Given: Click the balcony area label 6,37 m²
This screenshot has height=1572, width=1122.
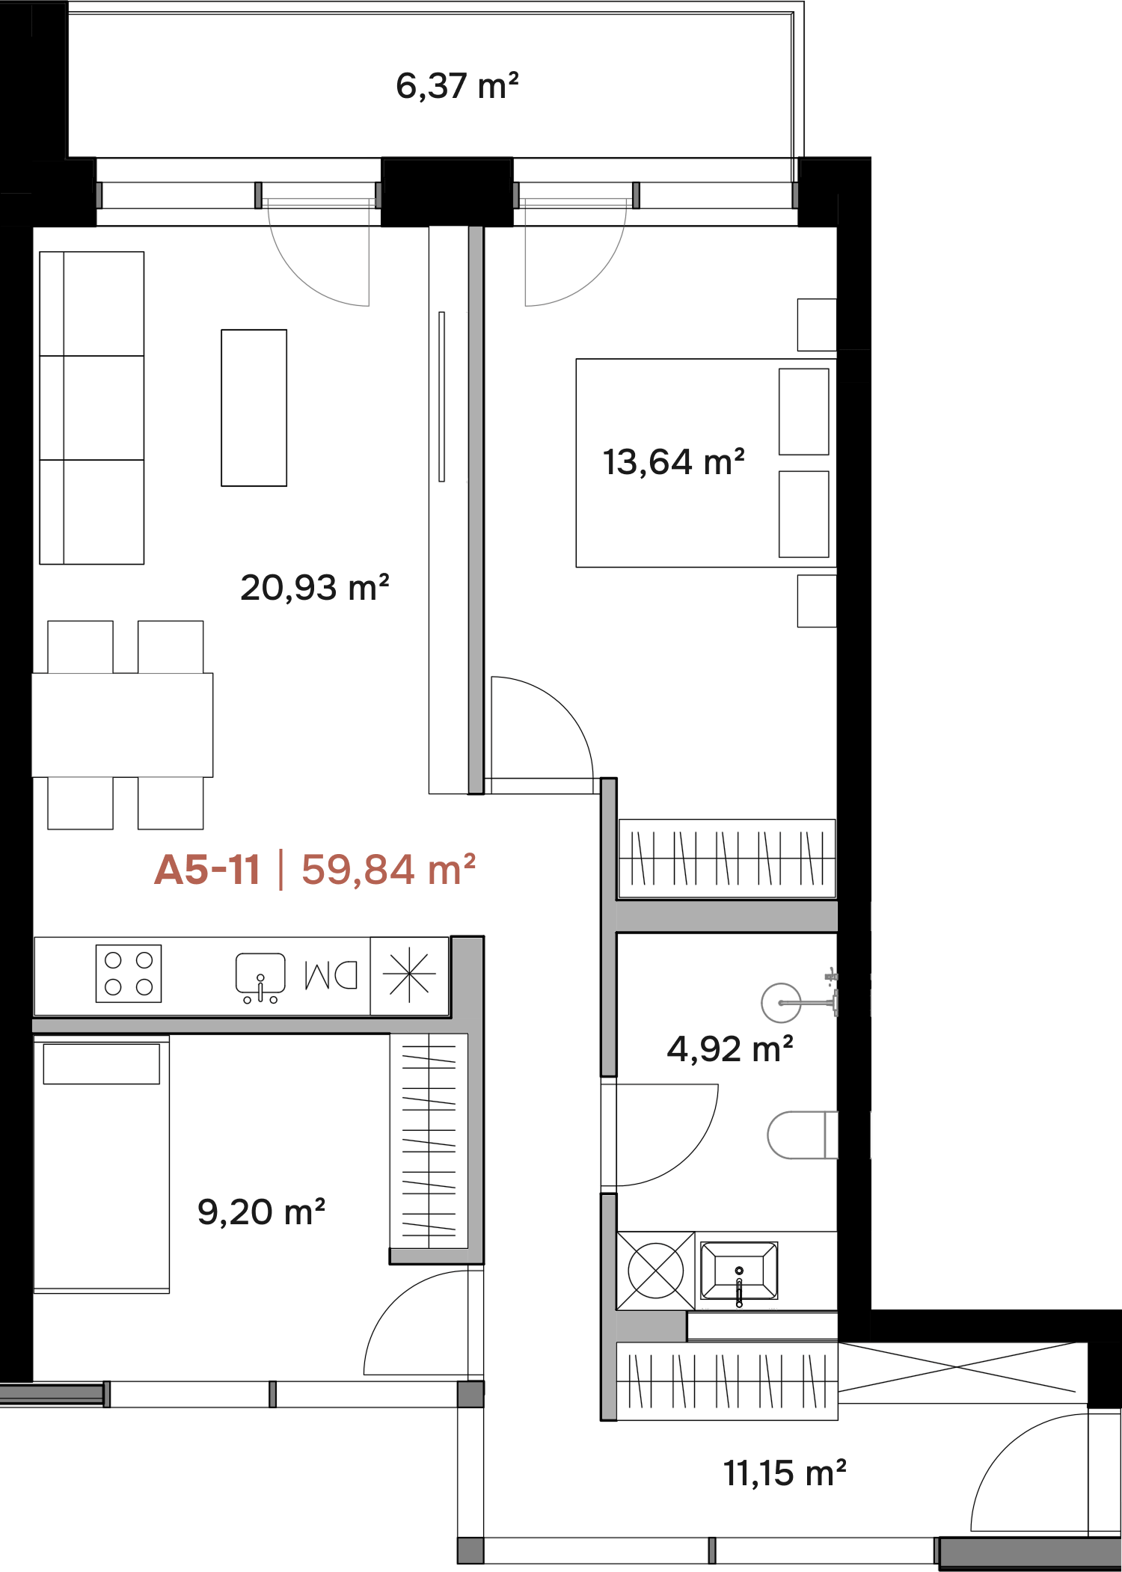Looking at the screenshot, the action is click(457, 86).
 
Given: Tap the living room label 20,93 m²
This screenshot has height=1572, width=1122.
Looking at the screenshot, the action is click(315, 587).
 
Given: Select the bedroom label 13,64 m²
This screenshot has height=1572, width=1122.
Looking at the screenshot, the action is click(673, 461).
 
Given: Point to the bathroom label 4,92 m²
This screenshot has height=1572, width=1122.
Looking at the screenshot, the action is click(729, 1048).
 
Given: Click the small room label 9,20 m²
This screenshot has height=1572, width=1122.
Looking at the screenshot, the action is click(261, 1212).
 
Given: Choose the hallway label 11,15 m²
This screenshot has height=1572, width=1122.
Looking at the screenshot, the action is click(785, 1473).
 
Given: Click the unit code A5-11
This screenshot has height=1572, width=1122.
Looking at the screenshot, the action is click(207, 870).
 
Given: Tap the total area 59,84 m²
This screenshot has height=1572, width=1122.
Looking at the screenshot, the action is click(388, 870).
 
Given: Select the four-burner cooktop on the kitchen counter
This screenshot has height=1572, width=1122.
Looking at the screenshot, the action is click(129, 974).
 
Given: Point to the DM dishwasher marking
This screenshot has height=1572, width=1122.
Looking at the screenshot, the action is click(331, 975).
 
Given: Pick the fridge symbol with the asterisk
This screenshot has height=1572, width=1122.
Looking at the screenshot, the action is click(409, 976).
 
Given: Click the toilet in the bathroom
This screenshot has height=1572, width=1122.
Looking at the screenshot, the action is click(803, 1135).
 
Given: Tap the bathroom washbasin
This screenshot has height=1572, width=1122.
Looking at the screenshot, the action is click(739, 1271).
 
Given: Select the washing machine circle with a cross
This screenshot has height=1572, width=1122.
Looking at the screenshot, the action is click(656, 1271).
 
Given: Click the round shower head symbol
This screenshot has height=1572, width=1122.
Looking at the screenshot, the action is click(781, 1002).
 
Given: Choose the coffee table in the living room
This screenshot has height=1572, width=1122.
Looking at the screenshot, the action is click(254, 408).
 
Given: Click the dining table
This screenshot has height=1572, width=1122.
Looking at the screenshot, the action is click(123, 725).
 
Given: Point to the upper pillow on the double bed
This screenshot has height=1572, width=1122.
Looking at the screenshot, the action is click(804, 411).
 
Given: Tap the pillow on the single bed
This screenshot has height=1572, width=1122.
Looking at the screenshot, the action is click(102, 1063).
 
